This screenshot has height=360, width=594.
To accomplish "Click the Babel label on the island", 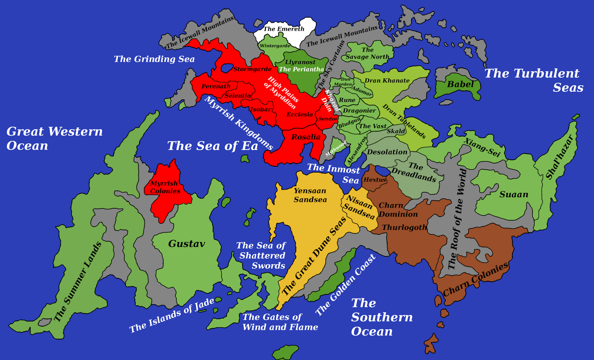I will pyautogui.click(x=460, y=84).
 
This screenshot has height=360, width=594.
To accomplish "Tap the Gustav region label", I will pyautogui.click(x=186, y=244).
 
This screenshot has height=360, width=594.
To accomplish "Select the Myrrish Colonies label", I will pyautogui.click(x=165, y=187).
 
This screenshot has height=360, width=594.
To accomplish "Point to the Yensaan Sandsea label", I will pyautogui.click(x=310, y=195).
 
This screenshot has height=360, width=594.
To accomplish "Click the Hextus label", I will pyautogui.click(x=375, y=180).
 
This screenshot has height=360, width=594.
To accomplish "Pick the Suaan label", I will pyautogui.click(x=513, y=194).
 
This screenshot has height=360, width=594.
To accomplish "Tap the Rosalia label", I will pyautogui.click(x=306, y=137).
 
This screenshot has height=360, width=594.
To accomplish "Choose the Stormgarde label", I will pyautogui.click(x=252, y=69).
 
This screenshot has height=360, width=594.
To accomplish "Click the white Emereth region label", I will pyautogui.click(x=284, y=29).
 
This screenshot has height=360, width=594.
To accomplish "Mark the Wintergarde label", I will pyautogui.click(x=275, y=46).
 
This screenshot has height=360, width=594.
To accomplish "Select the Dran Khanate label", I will pyautogui.click(x=387, y=81).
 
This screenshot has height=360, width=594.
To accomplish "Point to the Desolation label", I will pyautogui.click(x=387, y=152).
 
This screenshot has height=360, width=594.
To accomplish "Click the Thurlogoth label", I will pyautogui.click(x=404, y=227).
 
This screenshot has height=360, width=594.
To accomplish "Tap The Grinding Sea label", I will pyautogui.click(x=154, y=59).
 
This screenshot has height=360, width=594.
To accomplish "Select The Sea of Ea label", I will pyautogui.click(x=212, y=146).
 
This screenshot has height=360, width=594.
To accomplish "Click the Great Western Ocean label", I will pyautogui.click(x=55, y=138).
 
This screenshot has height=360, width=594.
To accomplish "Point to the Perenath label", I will pyautogui.click(x=216, y=86).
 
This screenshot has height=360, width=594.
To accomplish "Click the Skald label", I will pyautogui.click(x=396, y=131).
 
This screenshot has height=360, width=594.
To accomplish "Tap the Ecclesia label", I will pyautogui.click(x=300, y=114).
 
